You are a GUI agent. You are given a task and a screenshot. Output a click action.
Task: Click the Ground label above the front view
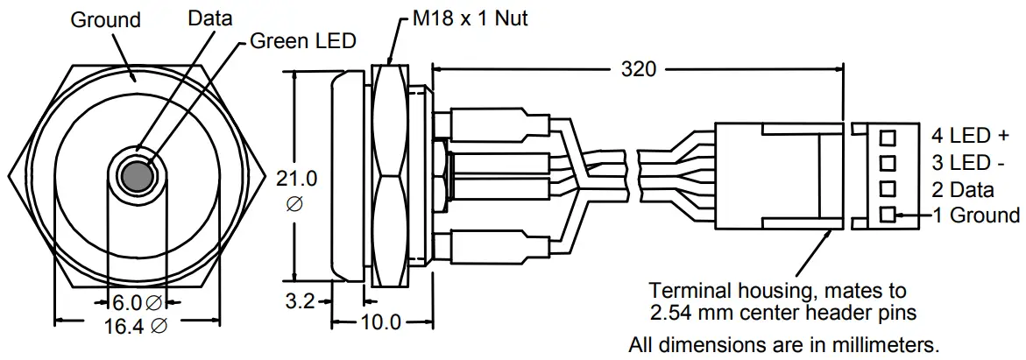(x=105, y=20)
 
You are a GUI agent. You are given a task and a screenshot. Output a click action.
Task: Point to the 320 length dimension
(x=637, y=69)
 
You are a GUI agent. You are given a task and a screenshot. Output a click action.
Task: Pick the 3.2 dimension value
(x=300, y=302)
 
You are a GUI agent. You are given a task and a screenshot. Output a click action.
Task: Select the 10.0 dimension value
(x=380, y=322)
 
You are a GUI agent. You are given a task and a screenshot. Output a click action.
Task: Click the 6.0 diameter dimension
(x=134, y=303)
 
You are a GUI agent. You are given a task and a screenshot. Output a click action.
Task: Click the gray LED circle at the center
(x=136, y=176)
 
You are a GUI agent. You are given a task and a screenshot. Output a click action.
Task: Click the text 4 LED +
(x=970, y=136)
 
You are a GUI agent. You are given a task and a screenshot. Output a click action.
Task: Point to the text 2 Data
(x=962, y=189)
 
